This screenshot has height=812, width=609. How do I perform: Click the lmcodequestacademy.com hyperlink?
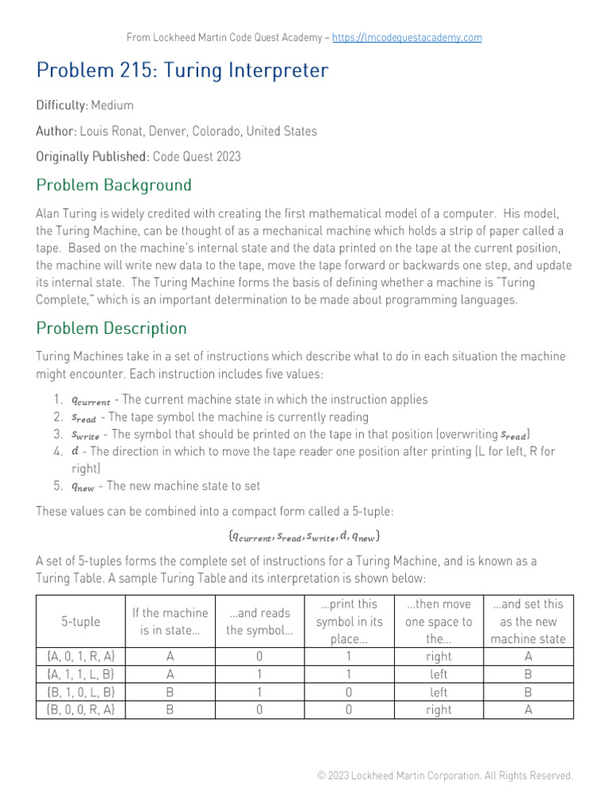407,37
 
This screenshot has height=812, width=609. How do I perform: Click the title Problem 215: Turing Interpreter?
182,71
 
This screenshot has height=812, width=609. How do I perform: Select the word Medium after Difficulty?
113,105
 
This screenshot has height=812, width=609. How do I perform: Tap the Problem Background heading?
113,186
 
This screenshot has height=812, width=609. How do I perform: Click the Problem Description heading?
111,328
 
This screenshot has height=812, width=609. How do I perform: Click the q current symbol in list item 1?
90,400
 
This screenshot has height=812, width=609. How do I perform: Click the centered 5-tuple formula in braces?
304,536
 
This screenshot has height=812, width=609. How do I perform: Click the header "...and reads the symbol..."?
259,622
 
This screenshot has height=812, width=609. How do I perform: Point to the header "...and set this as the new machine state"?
528,622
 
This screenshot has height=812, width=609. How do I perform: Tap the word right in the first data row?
439,657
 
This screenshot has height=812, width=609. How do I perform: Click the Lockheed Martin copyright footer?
444,776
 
